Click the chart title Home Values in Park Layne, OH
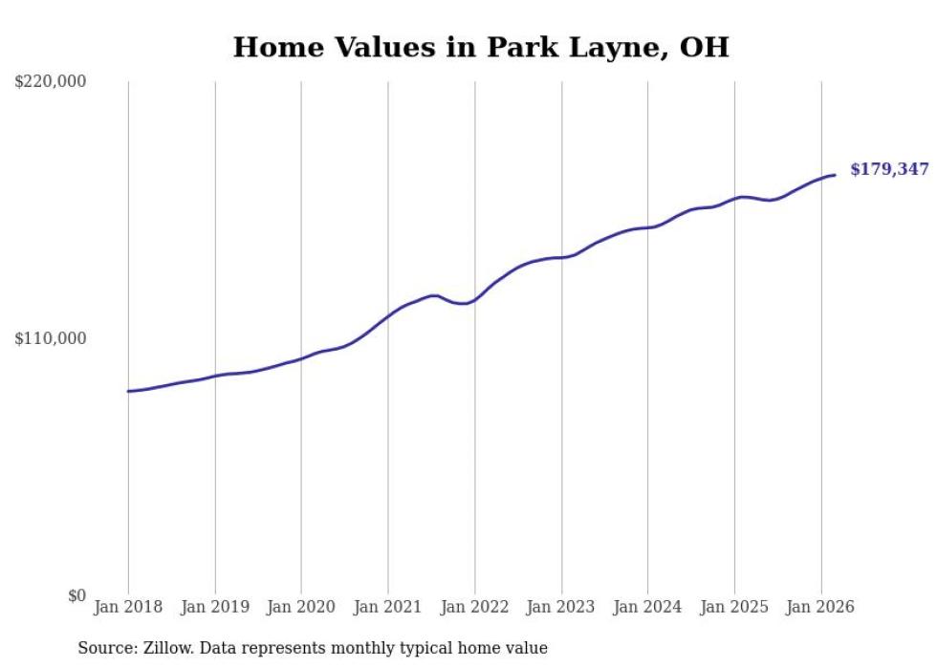pos(481,47)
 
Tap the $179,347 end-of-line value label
pos(889,170)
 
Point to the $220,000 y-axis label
pos(50,82)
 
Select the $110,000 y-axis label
pos(50,338)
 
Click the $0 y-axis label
pos(76,596)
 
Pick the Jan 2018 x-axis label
pos(128,607)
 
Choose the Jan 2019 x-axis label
pos(215,607)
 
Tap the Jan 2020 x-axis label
pos(301,607)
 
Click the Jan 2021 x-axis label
pos(388,607)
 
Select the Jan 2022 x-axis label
pos(475,607)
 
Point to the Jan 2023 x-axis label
pos(561,607)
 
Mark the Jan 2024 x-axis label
pos(648,607)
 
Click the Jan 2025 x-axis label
pos(734,607)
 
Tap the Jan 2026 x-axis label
pos(821,607)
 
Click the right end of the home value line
pos(835,175)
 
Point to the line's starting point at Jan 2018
pos(128,391)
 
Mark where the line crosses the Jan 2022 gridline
pos(475,299)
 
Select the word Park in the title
pos(519,47)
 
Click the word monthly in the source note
pos(362,649)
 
